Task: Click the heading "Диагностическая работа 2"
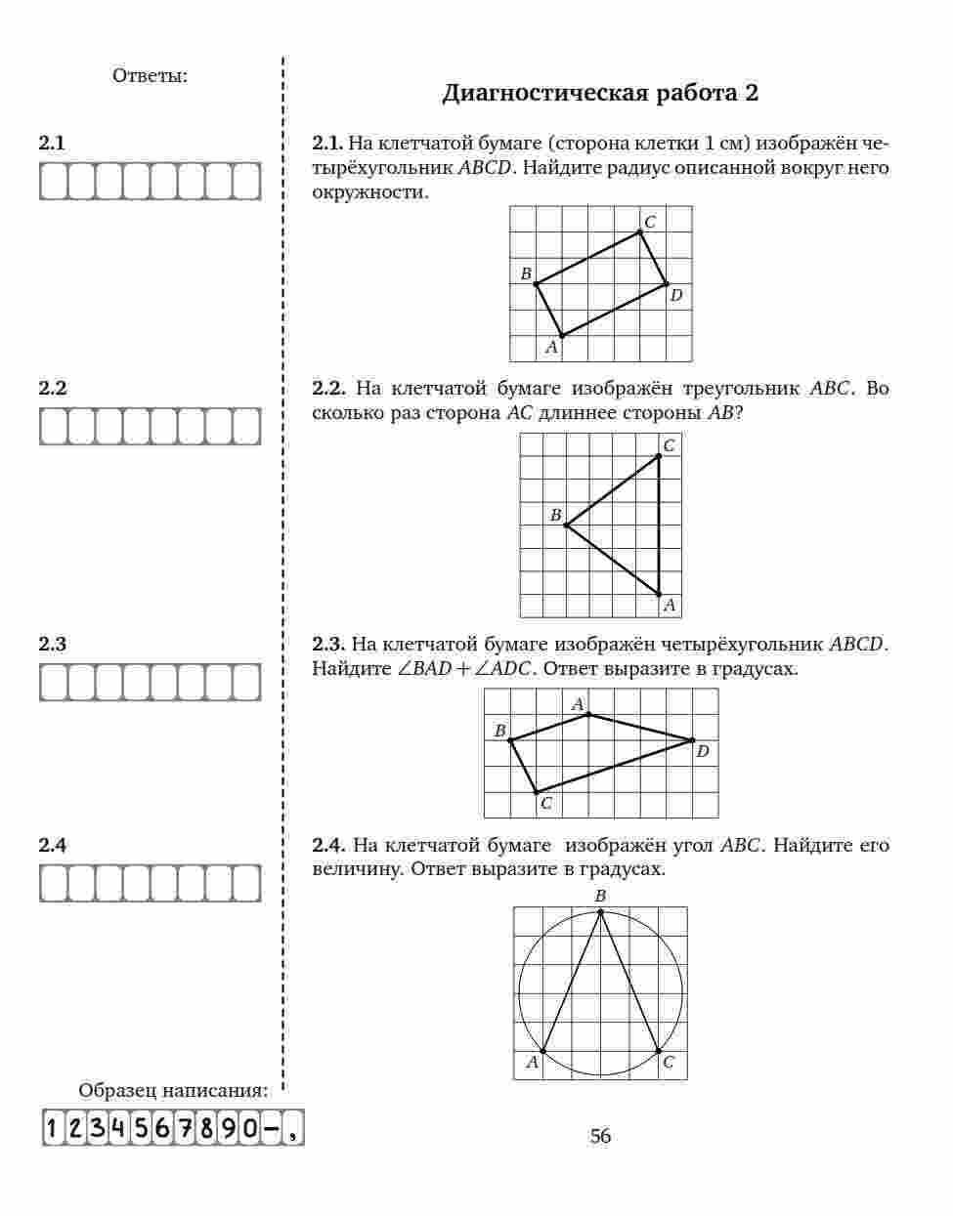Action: click(x=600, y=94)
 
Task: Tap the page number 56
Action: click(x=600, y=1136)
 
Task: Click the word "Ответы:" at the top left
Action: click(x=151, y=75)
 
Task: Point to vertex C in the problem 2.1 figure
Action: click(x=640, y=231)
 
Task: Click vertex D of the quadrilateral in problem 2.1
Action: click(x=667, y=284)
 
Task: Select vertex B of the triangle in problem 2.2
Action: click(x=566, y=524)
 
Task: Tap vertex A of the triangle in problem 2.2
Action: click(x=659, y=594)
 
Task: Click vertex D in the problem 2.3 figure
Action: click(x=692, y=740)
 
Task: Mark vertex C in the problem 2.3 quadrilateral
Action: click(x=536, y=792)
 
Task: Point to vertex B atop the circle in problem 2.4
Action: click(x=600, y=911)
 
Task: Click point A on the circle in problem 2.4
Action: click(x=542, y=1051)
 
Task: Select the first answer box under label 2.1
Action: click(x=53, y=181)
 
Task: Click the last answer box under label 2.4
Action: click(x=246, y=884)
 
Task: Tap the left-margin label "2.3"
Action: click(x=53, y=645)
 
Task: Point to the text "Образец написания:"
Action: click(x=172, y=1091)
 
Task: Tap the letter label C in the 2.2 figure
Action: click(x=670, y=445)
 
